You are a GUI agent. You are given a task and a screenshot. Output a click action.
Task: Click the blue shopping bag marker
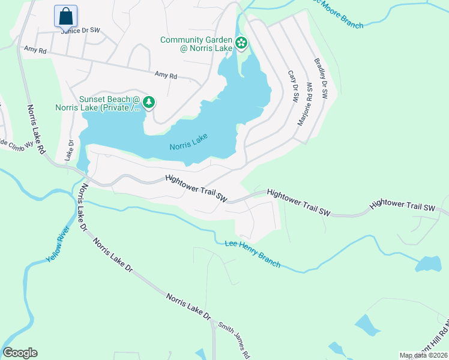(65, 16)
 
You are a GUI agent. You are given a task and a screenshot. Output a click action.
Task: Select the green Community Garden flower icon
(241, 43)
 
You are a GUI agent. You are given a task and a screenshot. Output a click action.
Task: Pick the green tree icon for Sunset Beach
(149, 103)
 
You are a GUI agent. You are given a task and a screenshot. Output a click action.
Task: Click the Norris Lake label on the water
(188, 142)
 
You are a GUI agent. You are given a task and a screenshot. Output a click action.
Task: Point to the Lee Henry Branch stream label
(252, 253)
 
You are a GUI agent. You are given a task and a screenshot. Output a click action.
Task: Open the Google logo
(20, 353)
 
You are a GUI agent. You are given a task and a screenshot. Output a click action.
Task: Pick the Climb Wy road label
(14, 146)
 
